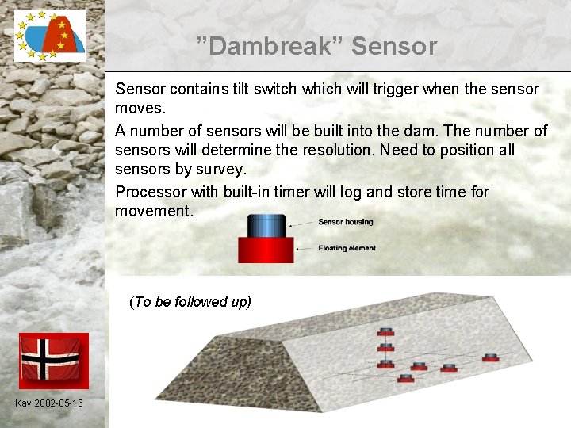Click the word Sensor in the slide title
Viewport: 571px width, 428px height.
[394, 47]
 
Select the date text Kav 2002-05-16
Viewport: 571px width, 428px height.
[48, 403]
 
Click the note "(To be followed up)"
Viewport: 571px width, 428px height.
[190, 302]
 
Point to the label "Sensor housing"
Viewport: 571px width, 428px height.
[345, 222]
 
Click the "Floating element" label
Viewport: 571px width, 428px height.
[347, 248]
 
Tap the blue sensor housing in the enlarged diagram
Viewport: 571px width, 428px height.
[266, 226]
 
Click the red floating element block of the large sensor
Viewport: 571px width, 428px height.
[266, 250]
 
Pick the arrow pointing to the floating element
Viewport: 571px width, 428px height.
[305, 249]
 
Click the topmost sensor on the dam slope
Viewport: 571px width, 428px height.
[386, 331]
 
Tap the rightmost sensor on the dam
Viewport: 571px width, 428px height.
[490, 357]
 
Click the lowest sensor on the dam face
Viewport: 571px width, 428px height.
[406, 378]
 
